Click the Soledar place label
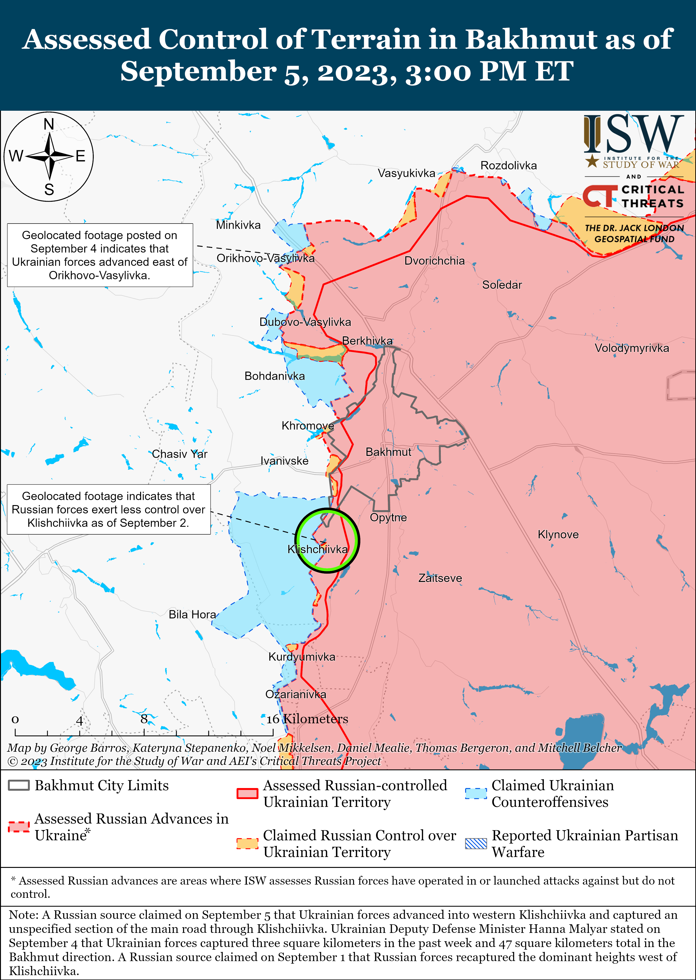tap(502, 285)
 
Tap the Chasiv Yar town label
tap(180, 454)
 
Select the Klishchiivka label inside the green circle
tap(318, 549)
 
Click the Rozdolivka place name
tap(508, 165)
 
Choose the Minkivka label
tap(238, 225)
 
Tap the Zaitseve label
tap(440, 578)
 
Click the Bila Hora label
tap(192, 615)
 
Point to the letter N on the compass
tap(49, 124)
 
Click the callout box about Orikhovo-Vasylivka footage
tap(100, 255)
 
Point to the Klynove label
tap(558, 535)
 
